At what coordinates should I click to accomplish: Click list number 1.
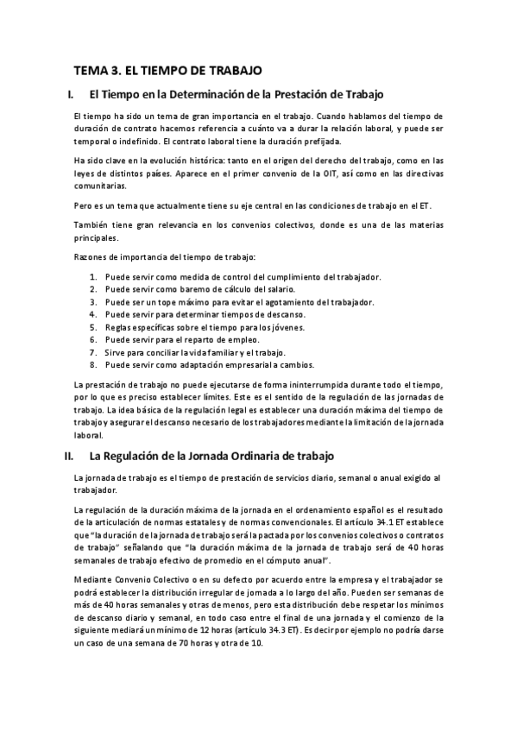click(92, 277)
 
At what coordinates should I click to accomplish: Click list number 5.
click(92, 327)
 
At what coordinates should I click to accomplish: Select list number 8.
click(92, 365)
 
